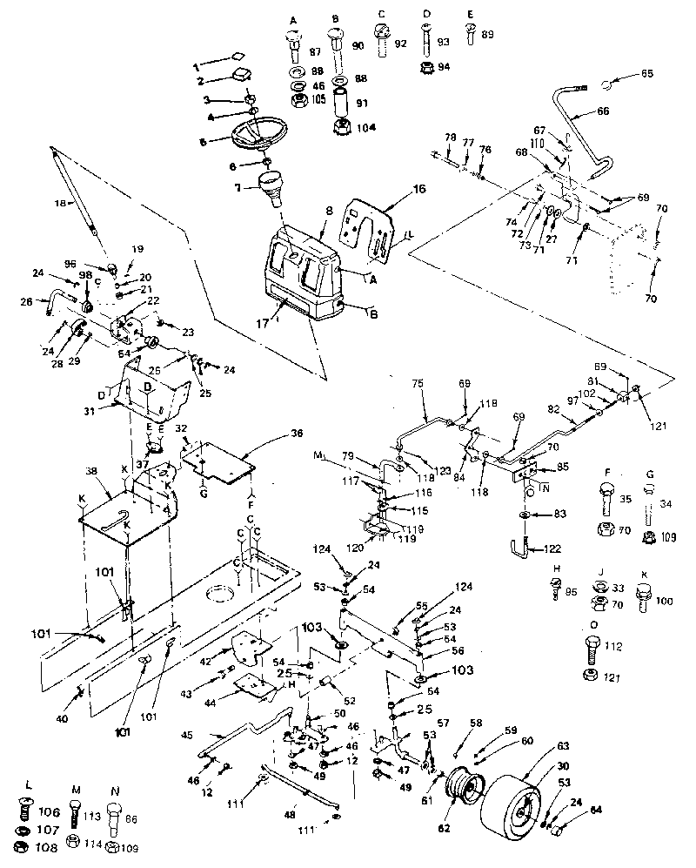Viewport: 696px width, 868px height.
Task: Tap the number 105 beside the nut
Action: click(x=318, y=99)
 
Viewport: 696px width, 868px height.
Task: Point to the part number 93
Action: click(x=445, y=43)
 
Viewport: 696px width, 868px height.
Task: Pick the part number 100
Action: click(x=662, y=602)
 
